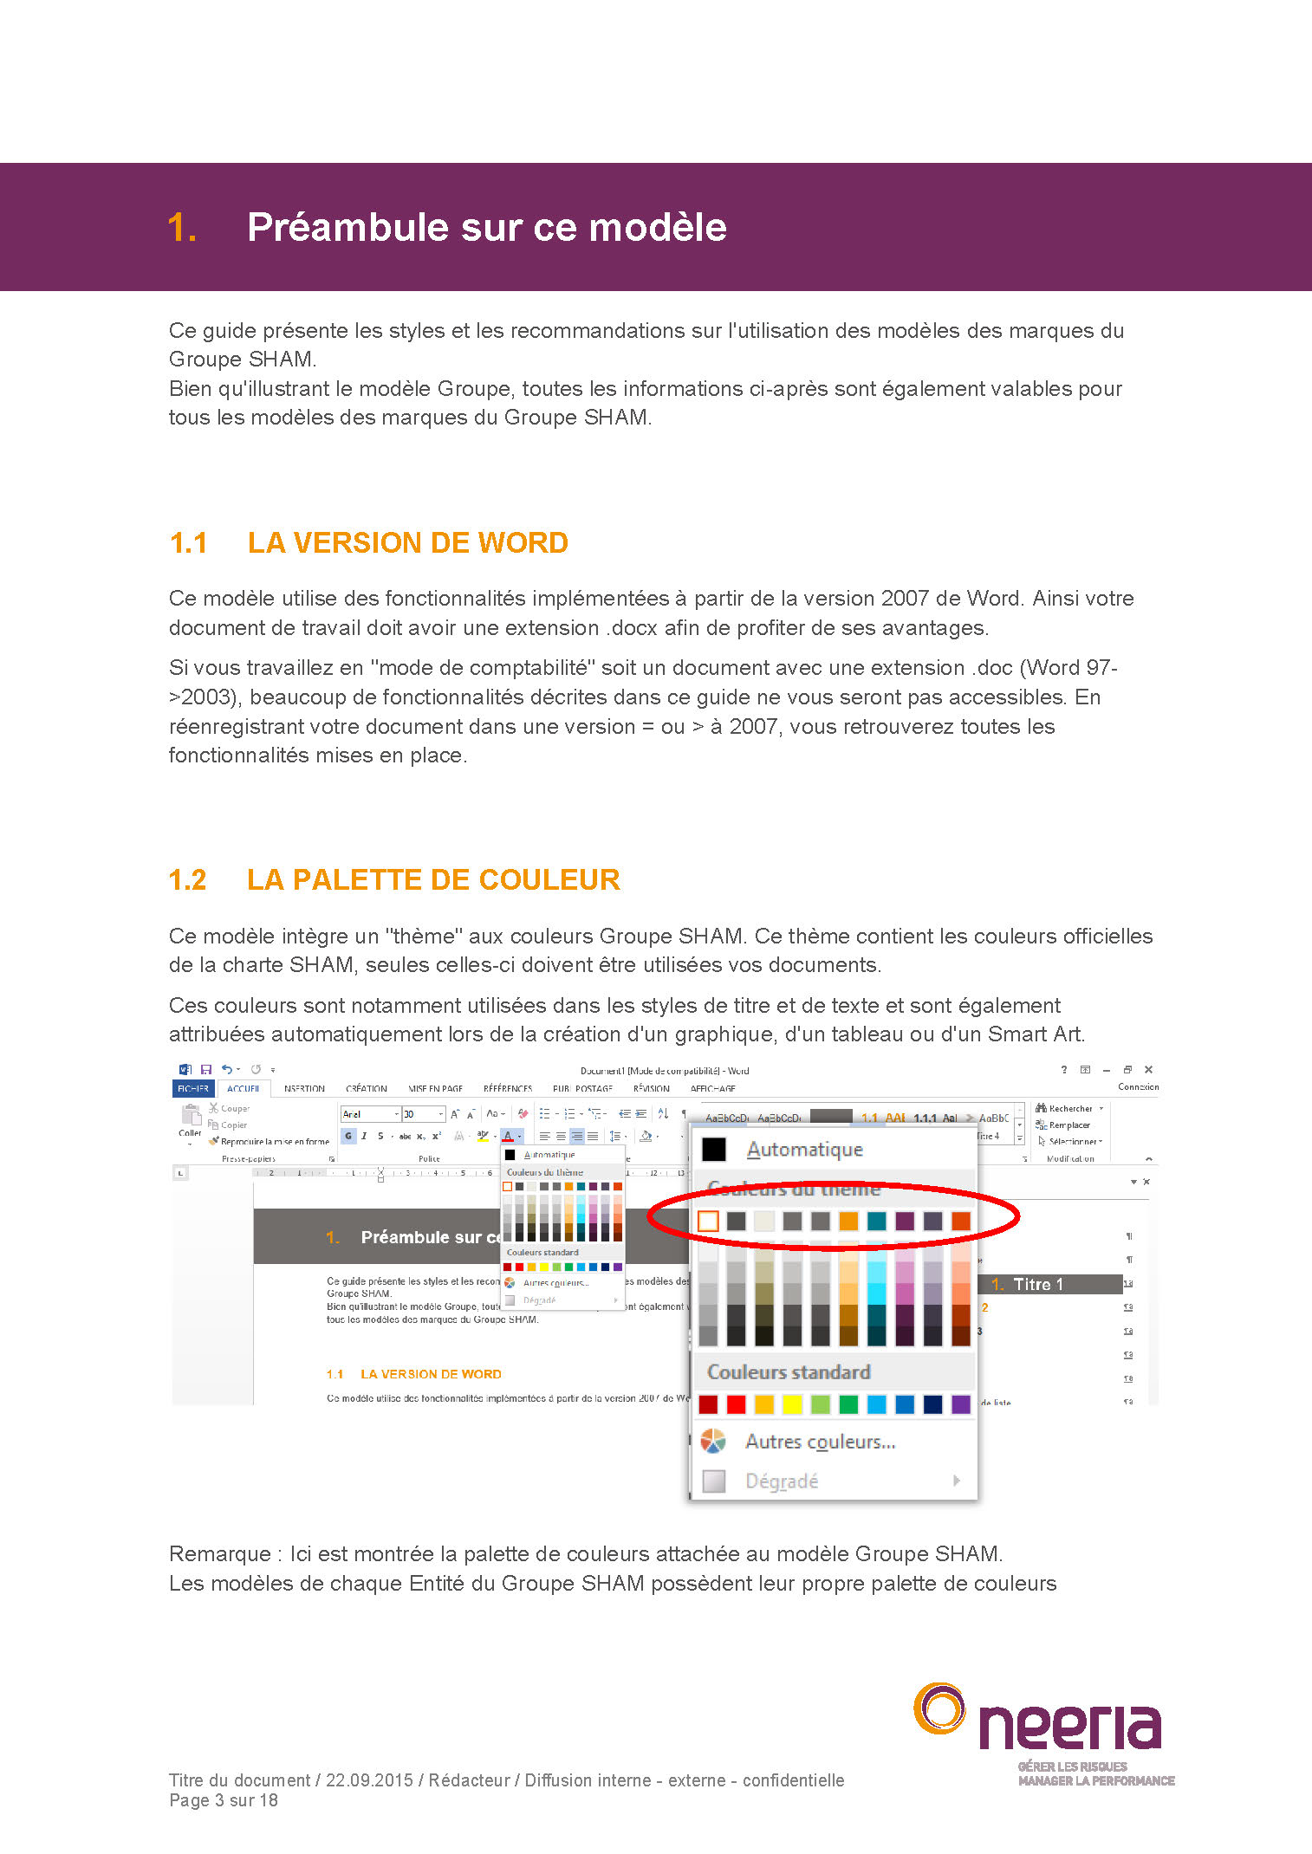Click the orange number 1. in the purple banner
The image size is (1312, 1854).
[x=182, y=228]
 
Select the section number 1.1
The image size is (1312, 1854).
[x=188, y=543]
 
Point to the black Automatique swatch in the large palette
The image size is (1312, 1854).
[x=713, y=1149]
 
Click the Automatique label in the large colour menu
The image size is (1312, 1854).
[x=804, y=1150]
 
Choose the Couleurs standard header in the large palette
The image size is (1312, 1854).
[x=789, y=1372]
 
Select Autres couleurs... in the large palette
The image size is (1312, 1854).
[x=820, y=1442]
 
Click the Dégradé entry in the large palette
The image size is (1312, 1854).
[x=782, y=1481]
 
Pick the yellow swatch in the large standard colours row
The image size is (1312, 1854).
[x=792, y=1404]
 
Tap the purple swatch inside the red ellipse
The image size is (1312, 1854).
[x=905, y=1221]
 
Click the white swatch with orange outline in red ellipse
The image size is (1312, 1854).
[x=708, y=1221]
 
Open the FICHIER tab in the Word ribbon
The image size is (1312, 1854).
[x=193, y=1088]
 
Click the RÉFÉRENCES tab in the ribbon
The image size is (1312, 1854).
[x=508, y=1088]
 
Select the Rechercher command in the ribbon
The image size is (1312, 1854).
[x=1069, y=1108]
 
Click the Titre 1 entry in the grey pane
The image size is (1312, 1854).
[x=1037, y=1284]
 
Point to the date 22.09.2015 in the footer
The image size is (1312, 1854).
[x=369, y=1780]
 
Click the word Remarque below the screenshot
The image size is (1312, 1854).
[x=219, y=1554]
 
